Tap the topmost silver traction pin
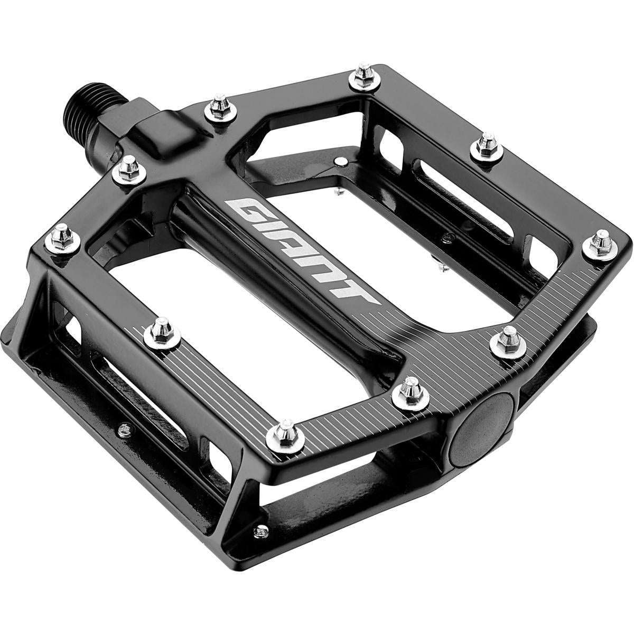coord(364,78)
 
